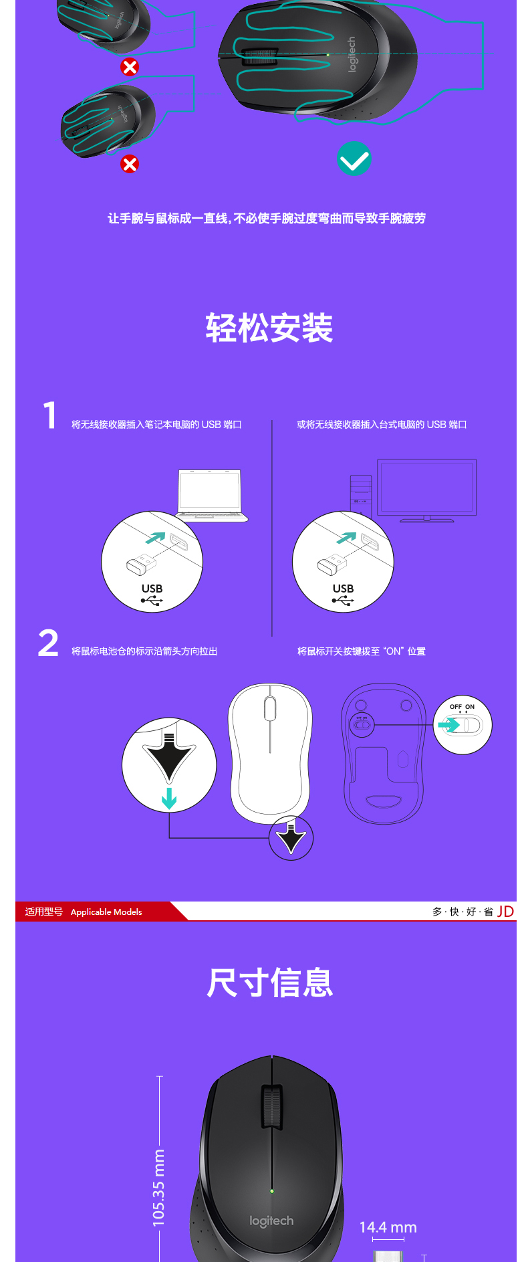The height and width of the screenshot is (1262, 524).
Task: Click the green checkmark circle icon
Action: (x=354, y=159)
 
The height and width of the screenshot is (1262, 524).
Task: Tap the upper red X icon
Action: (x=130, y=67)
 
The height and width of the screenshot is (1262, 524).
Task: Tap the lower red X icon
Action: (x=130, y=164)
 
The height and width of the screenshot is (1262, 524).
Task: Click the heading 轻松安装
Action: (x=269, y=328)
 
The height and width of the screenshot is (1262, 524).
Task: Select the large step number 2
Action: (x=48, y=643)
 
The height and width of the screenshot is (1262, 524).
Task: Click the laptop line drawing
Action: (x=211, y=496)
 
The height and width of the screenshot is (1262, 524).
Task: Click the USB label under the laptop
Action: (x=152, y=589)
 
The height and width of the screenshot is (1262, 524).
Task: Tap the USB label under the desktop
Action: (x=343, y=589)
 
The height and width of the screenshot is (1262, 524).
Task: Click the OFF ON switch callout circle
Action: (x=463, y=725)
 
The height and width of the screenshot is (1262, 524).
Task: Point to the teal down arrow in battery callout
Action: (x=169, y=798)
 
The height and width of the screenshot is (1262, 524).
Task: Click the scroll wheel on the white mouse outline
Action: (x=270, y=708)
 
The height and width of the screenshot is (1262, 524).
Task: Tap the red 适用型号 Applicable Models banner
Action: (x=93, y=912)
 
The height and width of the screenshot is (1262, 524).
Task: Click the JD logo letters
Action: (x=505, y=912)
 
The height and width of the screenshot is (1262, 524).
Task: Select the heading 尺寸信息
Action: (x=269, y=982)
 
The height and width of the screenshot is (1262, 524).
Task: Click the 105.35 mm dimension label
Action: (x=158, y=1188)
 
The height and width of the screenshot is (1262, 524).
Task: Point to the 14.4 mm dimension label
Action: (x=388, y=1227)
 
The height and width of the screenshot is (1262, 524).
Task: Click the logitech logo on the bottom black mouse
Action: (x=271, y=1221)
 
